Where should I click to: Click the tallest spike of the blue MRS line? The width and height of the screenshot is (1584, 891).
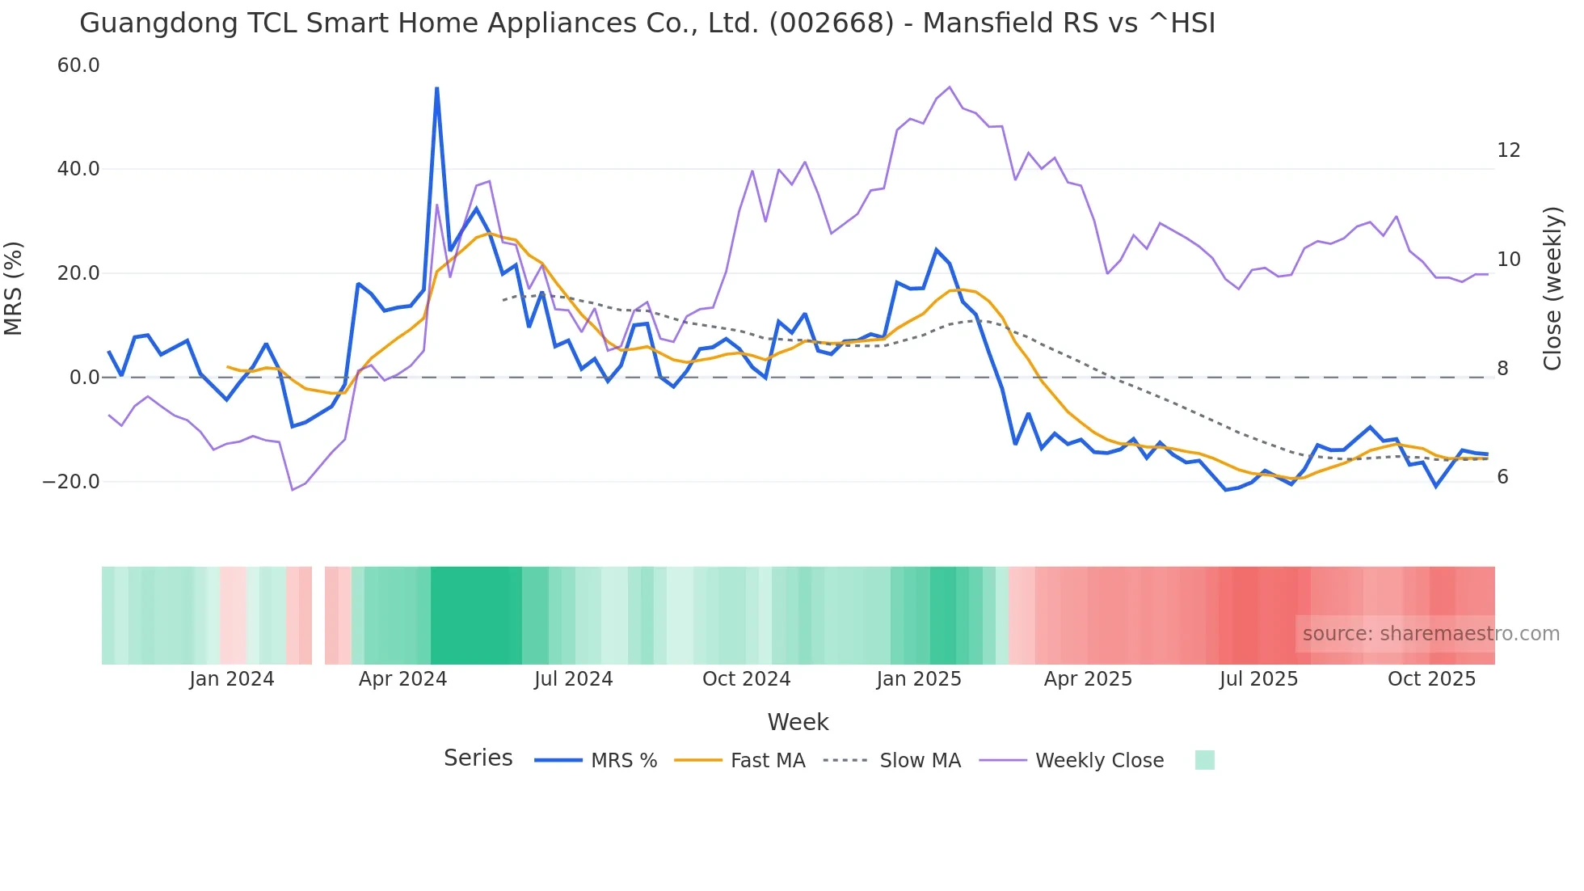[437, 89]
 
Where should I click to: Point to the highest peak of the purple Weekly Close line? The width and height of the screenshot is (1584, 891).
[950, 87]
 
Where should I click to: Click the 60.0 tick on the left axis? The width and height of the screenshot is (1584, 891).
[78, 65]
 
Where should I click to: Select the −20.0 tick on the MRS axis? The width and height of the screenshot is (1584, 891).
[71, 482]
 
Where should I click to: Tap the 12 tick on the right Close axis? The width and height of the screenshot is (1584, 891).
[1508, 150]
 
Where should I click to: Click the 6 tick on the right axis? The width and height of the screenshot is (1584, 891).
[1502, 477]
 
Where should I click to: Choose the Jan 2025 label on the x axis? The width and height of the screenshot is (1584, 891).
[919, 679]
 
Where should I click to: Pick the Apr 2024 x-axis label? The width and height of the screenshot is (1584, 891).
[402, 679]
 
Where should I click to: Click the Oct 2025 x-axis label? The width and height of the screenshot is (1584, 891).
[1431, 679]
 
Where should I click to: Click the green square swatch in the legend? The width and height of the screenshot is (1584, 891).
[1204, 760]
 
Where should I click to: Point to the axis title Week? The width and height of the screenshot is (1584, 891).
[798, 722]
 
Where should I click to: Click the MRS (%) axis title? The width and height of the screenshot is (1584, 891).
[14, 289]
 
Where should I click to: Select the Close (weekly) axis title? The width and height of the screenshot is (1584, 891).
[1552, 289]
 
